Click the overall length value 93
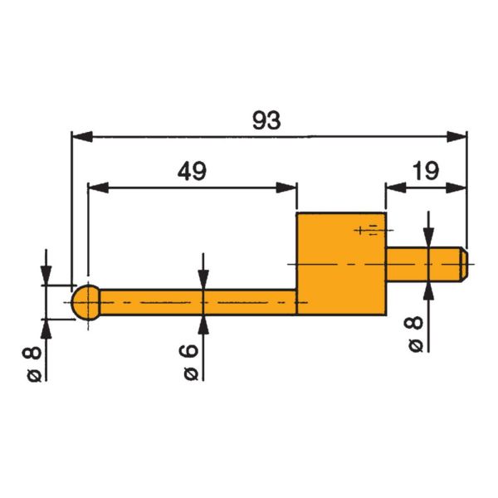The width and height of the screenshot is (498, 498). point(267,120)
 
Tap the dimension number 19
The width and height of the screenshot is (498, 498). point(425,172)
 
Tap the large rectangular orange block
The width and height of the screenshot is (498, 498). point(341,264)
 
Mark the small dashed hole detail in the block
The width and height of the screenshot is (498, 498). point(368,229)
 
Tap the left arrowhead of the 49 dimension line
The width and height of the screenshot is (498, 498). point(96,186)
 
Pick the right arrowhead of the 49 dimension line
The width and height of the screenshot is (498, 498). point(288,186)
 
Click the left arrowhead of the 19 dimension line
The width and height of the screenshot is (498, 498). point(394,186)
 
